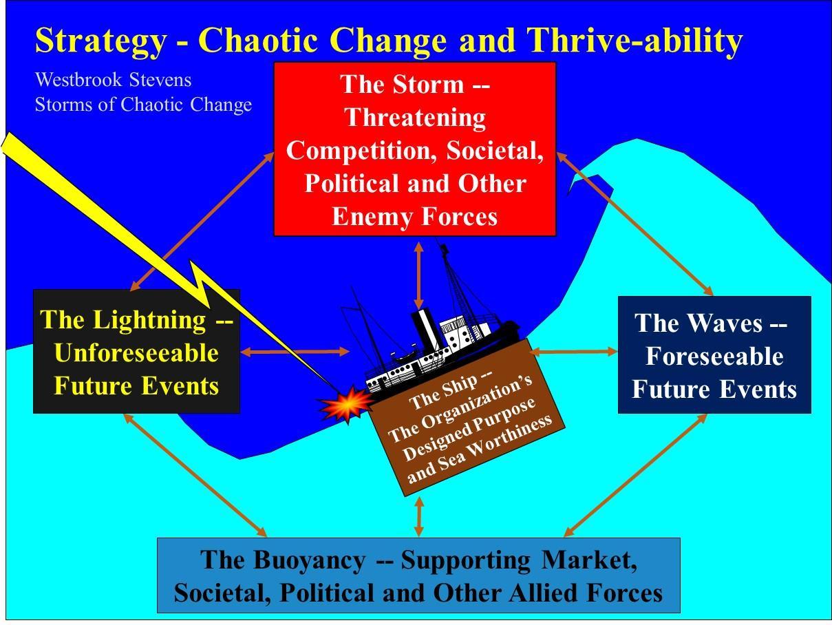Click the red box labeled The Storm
tap(414, 149)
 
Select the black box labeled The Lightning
tap(136, 352)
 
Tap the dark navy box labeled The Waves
tap(714, 355)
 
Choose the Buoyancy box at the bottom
tap(418, 575)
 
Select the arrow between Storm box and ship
tap(418, 274)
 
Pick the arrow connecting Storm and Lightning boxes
tap(203, 220)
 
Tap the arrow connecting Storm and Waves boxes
tap(634, 224)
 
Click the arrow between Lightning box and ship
tap(295, 352)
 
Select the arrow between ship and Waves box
tap(575, 352)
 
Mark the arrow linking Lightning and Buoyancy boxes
tap(194, 475)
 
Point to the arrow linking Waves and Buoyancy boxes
tap(634, 475)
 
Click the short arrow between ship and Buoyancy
tap(419, 516)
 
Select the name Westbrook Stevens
tap(113, 80)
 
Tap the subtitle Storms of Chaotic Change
tap(143, 105)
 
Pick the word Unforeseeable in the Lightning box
tap(136, 353)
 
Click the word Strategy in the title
tap(100, 40)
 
